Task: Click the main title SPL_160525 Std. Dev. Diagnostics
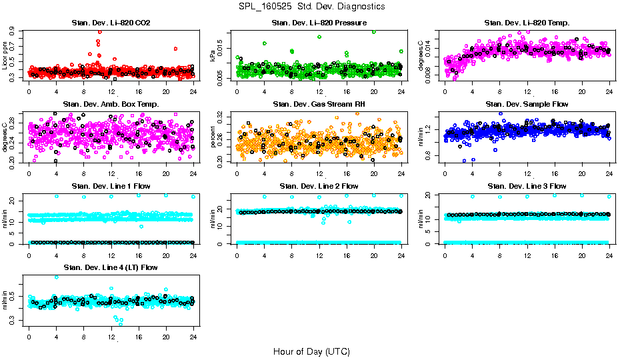[x=311, y=7]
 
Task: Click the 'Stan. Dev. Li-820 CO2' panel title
[x=111, y=23]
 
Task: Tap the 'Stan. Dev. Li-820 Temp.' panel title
[x=527, y=23]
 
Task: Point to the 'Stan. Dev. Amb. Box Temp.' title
[x=111, y=104]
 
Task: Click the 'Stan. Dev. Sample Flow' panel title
[x=527, y=104]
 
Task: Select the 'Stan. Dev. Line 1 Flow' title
[x=111, y=186]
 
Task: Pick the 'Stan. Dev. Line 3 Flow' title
[x=527, y=186]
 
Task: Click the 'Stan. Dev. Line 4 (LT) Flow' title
[x=111, y=267]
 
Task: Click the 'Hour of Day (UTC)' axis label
[x=311, y=351]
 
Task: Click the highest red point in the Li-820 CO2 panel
[x=99, y=31]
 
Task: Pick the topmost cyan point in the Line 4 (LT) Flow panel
[x=56, y=277]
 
